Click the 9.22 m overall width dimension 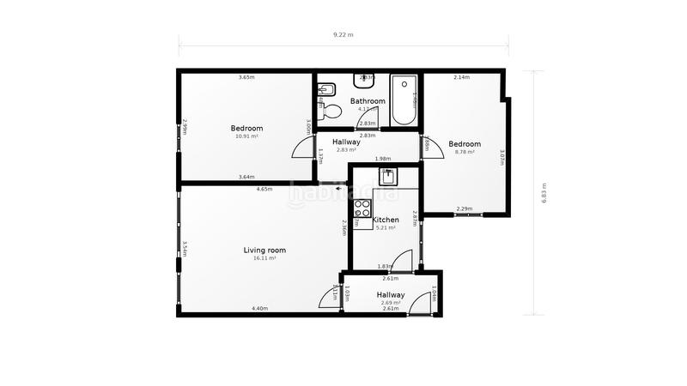[343, 35]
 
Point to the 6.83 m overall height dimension [543, 193]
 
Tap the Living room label [264, 250]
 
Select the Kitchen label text [386, 220]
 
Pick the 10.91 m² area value [246, 136]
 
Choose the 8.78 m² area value [465, 152]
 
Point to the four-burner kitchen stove [362, 210]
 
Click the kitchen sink [388, 178]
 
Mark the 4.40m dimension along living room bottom [259, 308]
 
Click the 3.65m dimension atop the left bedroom [246, 78]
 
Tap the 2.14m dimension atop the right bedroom [460, 78]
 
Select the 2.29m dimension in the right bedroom [464, 208]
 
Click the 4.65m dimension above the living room [264, 189]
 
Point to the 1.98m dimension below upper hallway [382, 159]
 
